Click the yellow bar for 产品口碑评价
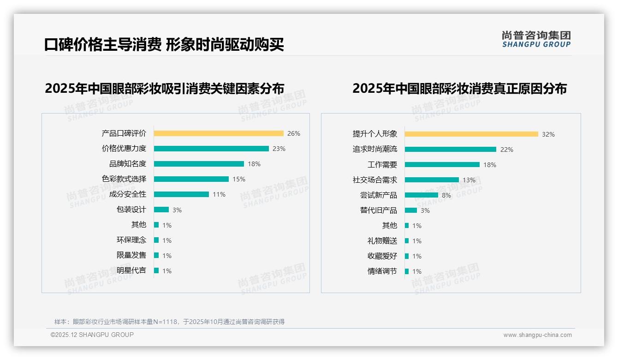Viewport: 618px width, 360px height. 219,133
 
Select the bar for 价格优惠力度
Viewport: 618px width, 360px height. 211,149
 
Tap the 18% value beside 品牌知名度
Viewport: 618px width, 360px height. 254,164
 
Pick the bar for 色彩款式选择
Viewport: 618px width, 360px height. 191,179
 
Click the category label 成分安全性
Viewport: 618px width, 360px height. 128,194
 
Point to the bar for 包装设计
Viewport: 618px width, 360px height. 161,210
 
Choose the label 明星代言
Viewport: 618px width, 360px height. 131,270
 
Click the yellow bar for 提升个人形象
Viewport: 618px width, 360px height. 471,134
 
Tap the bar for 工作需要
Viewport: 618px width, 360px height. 442,165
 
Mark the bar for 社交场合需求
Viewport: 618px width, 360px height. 432,180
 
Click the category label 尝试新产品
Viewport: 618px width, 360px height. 379,195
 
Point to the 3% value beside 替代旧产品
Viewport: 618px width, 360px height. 425,210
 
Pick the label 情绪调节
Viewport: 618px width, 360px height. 382,271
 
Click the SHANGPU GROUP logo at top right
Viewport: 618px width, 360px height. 536,39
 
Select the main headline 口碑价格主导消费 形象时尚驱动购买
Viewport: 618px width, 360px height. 164,44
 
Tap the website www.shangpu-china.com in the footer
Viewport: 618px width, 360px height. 537,335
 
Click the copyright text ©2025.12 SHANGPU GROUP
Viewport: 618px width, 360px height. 92,335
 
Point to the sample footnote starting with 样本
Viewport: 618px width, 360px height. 169,322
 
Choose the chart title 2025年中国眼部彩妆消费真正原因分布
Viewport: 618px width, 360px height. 459,88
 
